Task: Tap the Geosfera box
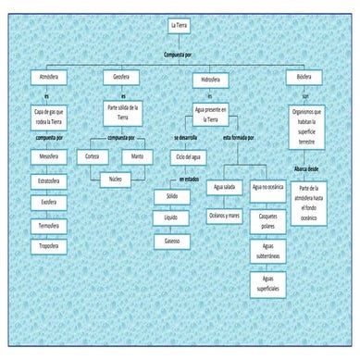coord(121,75)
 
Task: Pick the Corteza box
coord(92,156)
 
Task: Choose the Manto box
coord(138,156)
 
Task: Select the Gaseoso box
coord(172,241)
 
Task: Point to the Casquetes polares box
coord(269,220)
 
